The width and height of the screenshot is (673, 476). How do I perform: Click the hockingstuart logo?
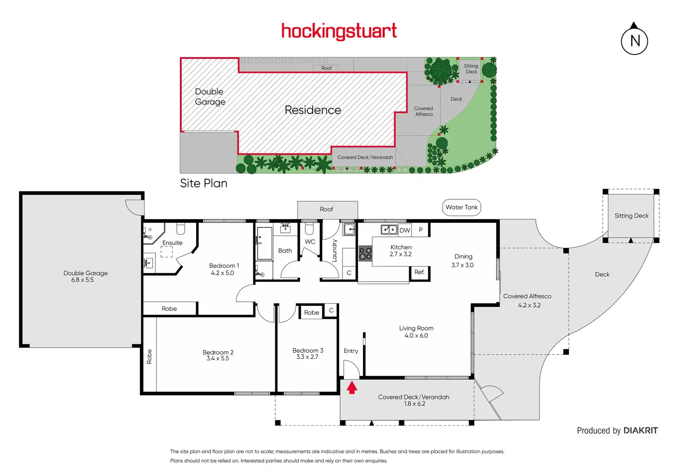click(x=339, y=32)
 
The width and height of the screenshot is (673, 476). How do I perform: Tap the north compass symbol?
click(x=634, y=40)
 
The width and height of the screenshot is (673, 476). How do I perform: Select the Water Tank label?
click(x=461, y=207)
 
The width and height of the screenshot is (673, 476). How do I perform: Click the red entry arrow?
click(x=352, y=388)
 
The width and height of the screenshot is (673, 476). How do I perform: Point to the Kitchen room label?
click(x=401, y=247)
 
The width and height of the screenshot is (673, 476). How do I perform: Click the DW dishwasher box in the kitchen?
click(x=405, y=230)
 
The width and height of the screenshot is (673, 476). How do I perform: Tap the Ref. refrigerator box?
click(x=419, y=272)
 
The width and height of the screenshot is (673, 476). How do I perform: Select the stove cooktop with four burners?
click(x=365, y=253)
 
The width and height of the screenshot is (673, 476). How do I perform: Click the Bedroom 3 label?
click(x=308, y=351)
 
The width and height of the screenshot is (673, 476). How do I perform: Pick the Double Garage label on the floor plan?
click(x=85, y=273)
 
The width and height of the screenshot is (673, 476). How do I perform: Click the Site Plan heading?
click(x=203, y=183)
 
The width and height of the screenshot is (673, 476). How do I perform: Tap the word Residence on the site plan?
click(x=313, y=110)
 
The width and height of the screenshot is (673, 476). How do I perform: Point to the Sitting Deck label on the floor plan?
click(x=631, y=216)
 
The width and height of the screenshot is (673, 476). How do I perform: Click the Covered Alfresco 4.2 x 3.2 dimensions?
click(x=529, y=305)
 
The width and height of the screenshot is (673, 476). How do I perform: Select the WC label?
click(x=310, y=242)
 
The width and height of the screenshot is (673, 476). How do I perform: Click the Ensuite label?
click(x=172, y=243)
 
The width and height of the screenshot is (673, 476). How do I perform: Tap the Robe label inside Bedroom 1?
click(x=169, y=309)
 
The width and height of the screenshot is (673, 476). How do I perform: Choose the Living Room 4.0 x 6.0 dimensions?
click(x=416, y=336)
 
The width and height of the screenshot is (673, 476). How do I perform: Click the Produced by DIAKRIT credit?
click(x=617, y=431)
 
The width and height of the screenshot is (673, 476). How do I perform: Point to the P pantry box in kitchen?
click(x=421, y=230)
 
